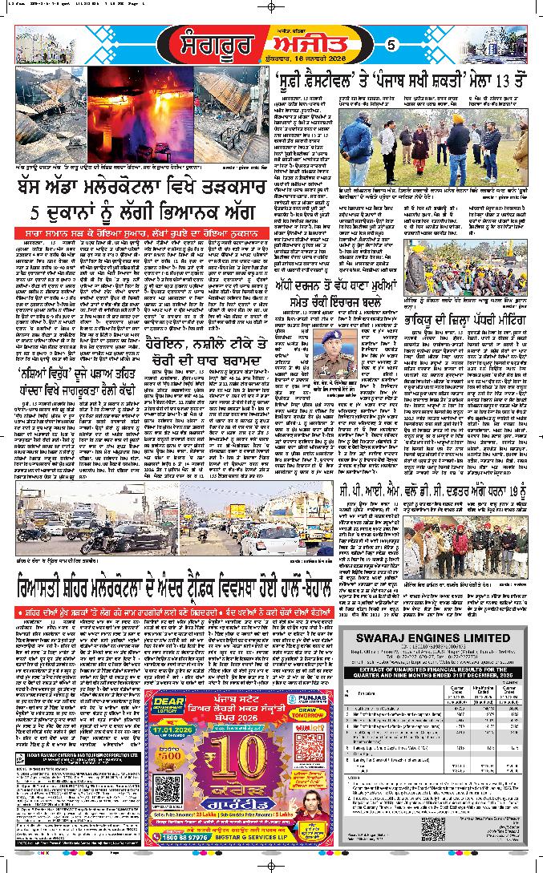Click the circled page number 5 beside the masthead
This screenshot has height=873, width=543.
[391, 45]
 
